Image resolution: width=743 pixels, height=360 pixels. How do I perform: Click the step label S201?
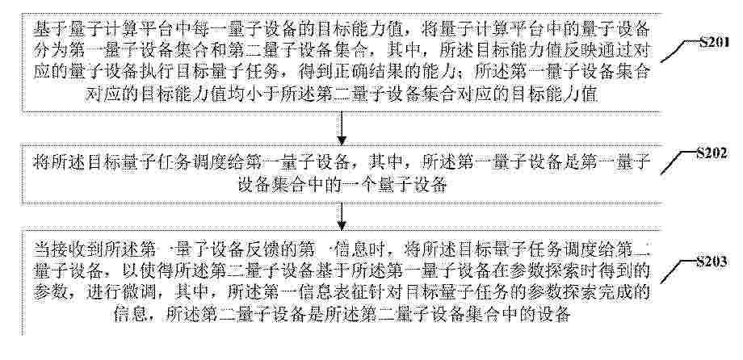(714, 43)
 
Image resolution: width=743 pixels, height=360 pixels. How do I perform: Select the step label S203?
(712, 262)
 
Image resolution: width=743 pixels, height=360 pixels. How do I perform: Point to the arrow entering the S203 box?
(341, 216)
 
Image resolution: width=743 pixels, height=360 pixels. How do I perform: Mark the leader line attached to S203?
(678, 272)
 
